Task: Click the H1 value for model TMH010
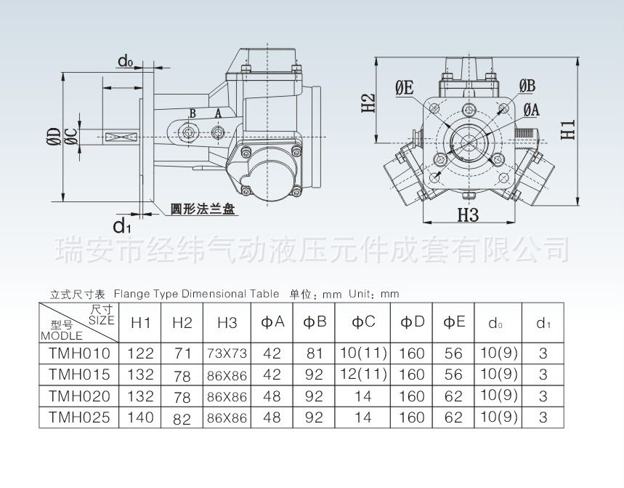[x=140, y=354]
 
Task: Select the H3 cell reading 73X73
[x=227, y=354]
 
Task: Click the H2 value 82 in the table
[x=182, y=418]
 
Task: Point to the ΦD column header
[x=412, y=322]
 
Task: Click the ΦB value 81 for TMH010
[x=314, y=354]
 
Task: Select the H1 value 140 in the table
[x=140, y=417]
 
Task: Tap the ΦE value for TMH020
[x=453, y=396]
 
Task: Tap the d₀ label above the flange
[x=126, y=62]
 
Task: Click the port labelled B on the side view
[x=190, y=131]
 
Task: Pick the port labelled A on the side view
[x=219, y=132]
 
